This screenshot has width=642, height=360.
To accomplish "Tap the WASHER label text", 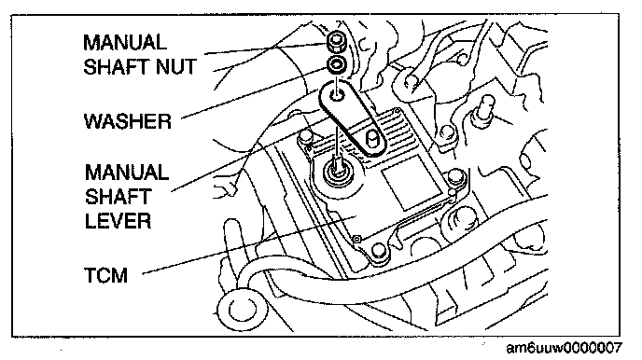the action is pyautogui.click(x=127, y=121).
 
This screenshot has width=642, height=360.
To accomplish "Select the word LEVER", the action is pyautogui.click(x=118, y=221).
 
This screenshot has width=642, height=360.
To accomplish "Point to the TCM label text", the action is pyautogui.click(x=106, y=275).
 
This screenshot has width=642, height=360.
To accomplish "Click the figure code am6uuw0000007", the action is pyautogui.click(x=565, y=348).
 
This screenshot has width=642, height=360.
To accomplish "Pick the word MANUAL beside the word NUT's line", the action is pyautogui.click(x=124, y=43).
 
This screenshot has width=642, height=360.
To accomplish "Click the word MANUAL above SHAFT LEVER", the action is pyautogui.click(x=127, y=173).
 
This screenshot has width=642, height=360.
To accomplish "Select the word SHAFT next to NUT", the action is pyautogui.click(x=117, y=66).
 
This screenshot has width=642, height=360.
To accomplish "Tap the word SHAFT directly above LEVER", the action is pyautogui.click(x=119, y=197).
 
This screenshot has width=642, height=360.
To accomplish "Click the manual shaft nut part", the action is pyautogui.click(x=337, y=42).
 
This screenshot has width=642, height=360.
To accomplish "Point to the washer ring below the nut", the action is pyautogui.click(x=338, y=65).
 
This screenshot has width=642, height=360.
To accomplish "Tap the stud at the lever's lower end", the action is pyautogui.click(x=371, y=139).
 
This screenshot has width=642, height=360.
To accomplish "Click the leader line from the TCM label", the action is pyautogui.click(x=248, y=243).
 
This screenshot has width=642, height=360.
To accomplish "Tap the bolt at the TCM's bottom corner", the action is pyautogui.click(x=378, y=251).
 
